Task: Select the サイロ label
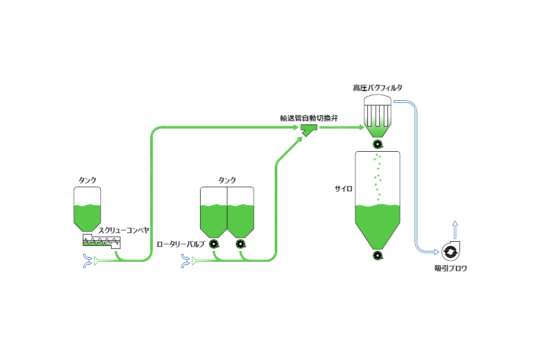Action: click(343, 189)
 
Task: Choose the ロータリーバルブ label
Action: click(181, 244)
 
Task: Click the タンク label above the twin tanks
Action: click(227, 180)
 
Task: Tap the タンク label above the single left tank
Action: click(87, 180)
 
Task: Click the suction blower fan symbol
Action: click(450, 251)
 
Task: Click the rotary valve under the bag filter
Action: click(378, 144)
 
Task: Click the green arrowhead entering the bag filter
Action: click(360, 127)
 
